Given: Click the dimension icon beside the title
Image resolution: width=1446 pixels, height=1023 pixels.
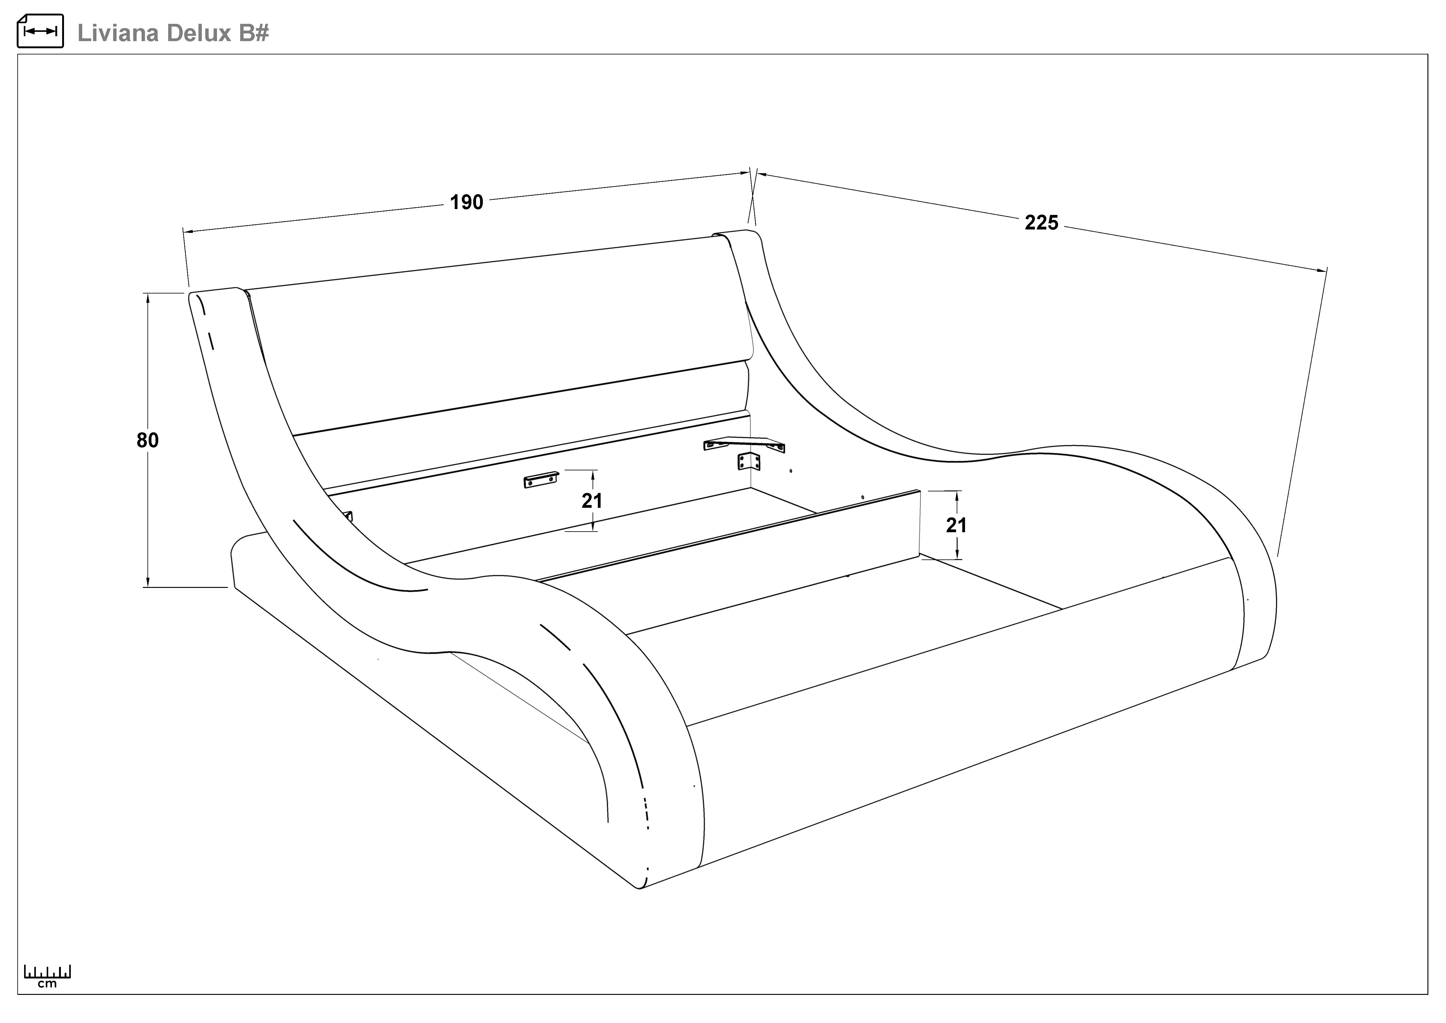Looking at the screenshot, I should point(40,31).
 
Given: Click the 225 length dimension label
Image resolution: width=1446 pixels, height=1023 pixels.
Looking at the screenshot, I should point(1041,223).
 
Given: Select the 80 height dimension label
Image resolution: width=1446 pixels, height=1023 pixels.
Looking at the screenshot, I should point(147,440).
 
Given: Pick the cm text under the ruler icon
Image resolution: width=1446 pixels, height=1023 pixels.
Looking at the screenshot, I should point(47,984).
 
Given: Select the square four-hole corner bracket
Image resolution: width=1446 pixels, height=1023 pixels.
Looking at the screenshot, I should point(749,462).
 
